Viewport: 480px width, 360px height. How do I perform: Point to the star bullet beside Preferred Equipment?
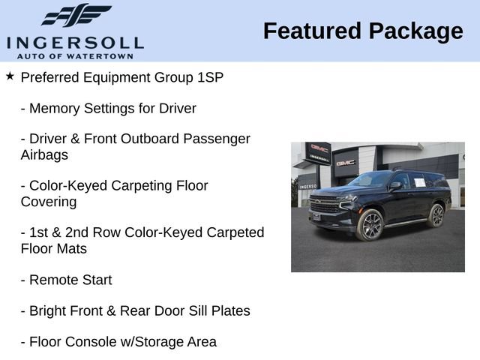pyautogui.click(x=10, y=76)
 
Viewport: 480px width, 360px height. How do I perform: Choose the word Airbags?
pyautogui.click(x=44, y=155)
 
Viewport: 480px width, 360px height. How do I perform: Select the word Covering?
pyautogui.click(x=49, y=202)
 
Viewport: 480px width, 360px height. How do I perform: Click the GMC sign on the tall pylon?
pyautogui.click(x=319, y=148)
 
